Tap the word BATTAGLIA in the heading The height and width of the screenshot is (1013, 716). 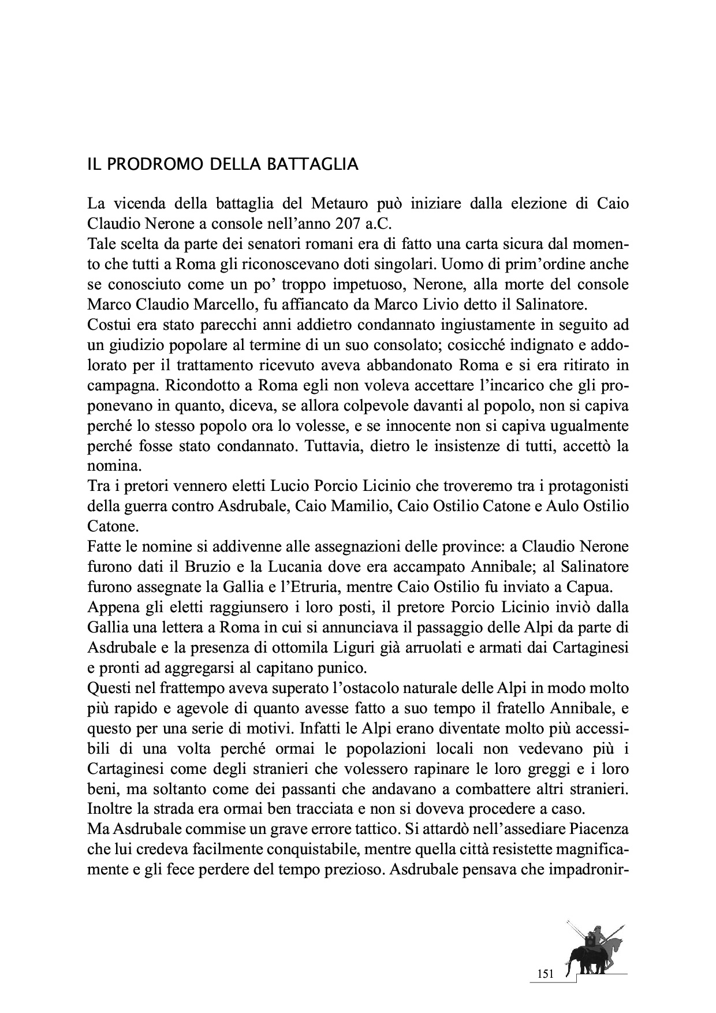[312, 164]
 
